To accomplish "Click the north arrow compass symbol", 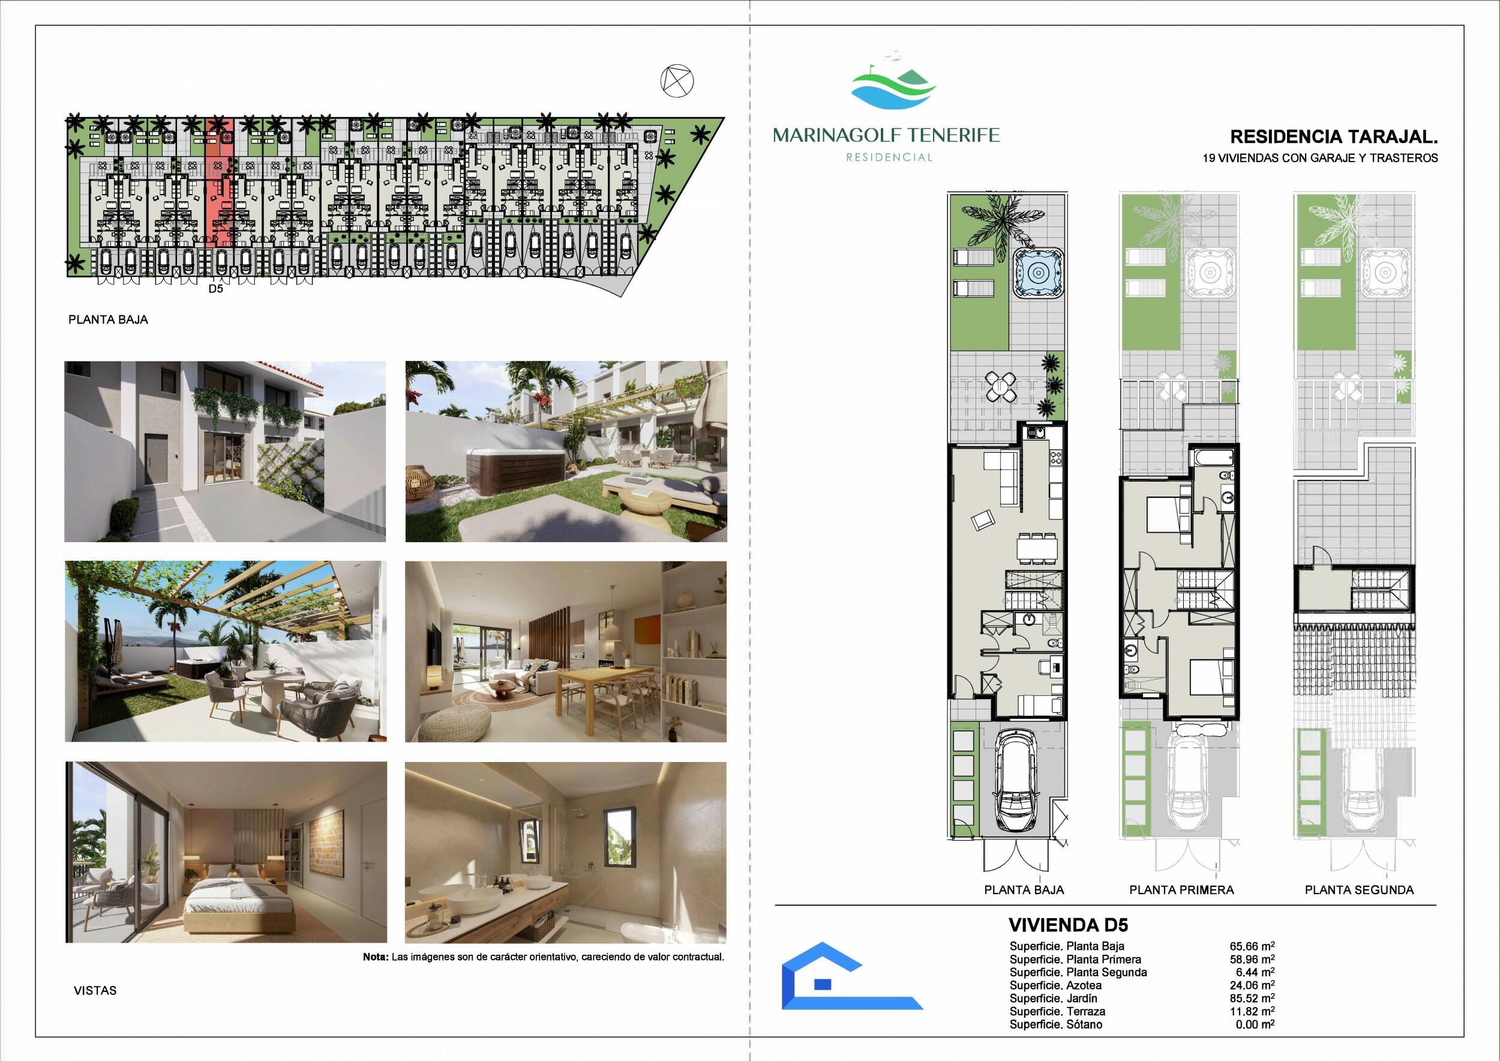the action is [677, 82].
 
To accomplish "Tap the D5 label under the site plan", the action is [215, 288].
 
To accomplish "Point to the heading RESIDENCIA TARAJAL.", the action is [1334, 137].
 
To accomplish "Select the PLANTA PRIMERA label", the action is [1181, 890].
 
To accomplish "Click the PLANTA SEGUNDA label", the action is [1359, 890].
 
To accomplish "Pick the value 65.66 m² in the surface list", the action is [1252, 946].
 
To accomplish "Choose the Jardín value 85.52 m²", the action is [1252, 998].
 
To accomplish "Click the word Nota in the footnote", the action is [376, 957].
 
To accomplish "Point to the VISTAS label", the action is [95, 990].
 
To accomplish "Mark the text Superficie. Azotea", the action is [1055, 985].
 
